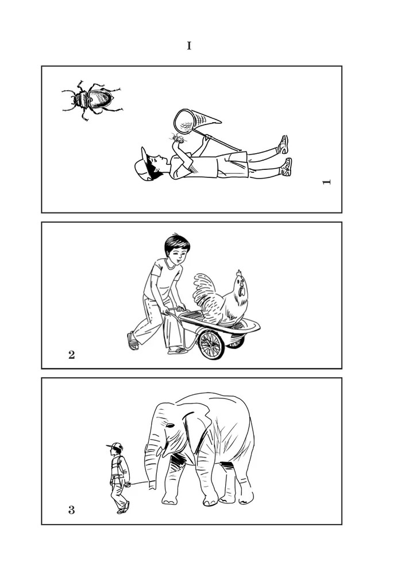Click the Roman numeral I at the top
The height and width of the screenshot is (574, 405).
[189, 46]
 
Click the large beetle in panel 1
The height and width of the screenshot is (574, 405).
[92, 99]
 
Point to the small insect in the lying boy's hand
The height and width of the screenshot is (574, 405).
[178, 138]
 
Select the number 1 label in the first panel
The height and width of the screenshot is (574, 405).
[326, 182]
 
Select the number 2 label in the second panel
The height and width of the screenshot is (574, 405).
[71, 354]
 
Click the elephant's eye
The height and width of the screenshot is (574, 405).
[170, 426]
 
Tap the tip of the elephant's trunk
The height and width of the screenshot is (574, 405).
[152, 487]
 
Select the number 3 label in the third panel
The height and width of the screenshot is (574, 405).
[71, 510]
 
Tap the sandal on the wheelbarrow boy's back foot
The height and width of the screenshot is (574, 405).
[133, 341]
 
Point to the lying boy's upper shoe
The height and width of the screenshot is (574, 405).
[284, 144]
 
